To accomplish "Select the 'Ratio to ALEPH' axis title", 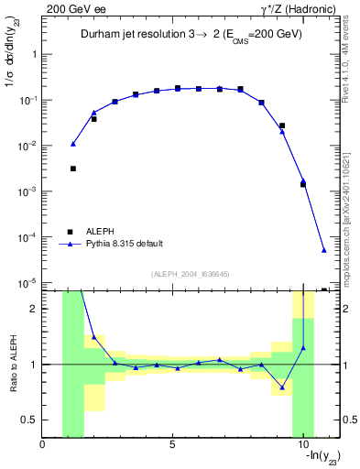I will tap(12, 365).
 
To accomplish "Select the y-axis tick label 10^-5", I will tap(25, 283).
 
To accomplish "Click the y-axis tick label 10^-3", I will tap(25, 191).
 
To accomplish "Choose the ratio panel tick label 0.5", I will tap(28, 420).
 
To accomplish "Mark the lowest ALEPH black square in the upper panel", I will tap(324, 290).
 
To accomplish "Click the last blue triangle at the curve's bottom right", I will tap(324, 250).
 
